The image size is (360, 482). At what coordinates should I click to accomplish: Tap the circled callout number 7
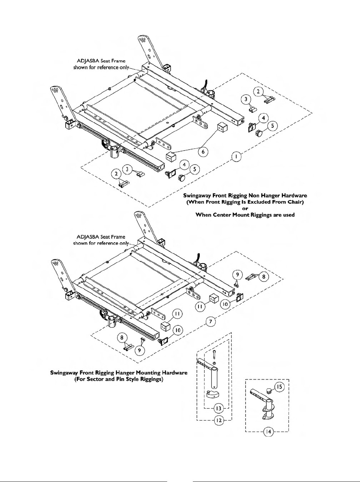pos(211,322)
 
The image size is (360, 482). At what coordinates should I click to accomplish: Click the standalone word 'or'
pos(245,208)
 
